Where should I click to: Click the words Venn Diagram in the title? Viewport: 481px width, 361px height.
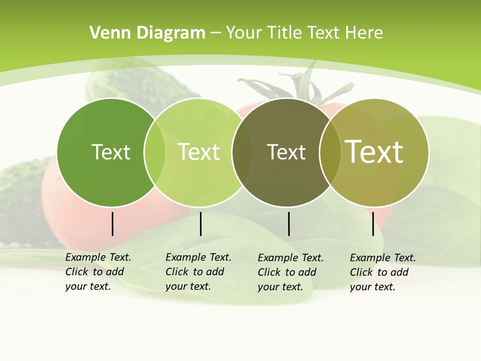pyautogui.click(x=147, y=33)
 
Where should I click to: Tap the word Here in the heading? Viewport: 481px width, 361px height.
pyautogui.click(x=364, y=33)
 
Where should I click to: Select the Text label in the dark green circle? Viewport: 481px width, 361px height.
pyautogui.click(x=111, y=152)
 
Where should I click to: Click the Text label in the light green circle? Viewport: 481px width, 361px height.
pyautogui.click(x=199, y=152)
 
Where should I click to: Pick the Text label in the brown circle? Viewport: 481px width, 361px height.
pyautogui.click(x=286, y=152)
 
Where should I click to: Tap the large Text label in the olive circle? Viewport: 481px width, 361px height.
pyautogui.click(x=374, y=152)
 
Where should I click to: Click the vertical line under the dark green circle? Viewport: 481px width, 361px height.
pyautogui.click(x=112, y=224)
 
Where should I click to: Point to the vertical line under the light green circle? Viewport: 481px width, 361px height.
pyautogui.click(x=200, y=224)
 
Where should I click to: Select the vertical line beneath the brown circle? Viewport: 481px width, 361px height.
pyautogui.click(x=289, y=224)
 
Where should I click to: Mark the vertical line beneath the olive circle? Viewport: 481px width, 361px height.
pyautogui.click(x=373, y=224)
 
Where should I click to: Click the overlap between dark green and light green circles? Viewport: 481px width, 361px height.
pyautogui.click(x=155, y=152)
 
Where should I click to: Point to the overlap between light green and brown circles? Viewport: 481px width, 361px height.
pyautogui.click(x=243, y=152)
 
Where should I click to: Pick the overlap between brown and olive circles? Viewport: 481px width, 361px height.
pyautogui.click(x=330, y=152)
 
